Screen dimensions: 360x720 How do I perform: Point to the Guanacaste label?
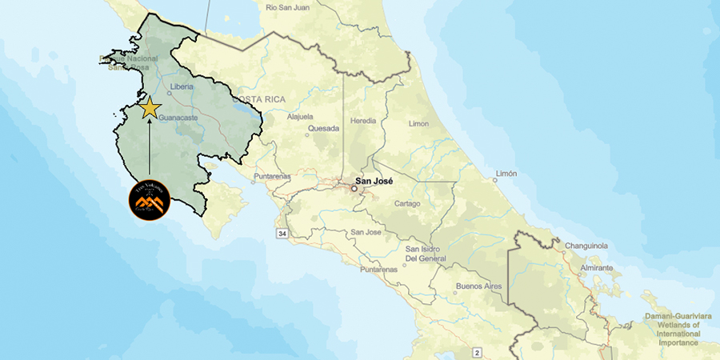tap(178, 118)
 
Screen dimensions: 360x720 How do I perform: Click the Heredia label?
tap(363, 122)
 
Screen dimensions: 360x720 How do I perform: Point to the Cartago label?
tap(406, 203)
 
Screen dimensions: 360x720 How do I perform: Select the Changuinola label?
tap(588, 246)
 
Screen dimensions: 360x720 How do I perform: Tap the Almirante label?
tap(598, 267)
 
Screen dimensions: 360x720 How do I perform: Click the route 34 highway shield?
tap(282, 234)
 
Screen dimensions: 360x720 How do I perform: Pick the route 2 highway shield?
tap(478, 352)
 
